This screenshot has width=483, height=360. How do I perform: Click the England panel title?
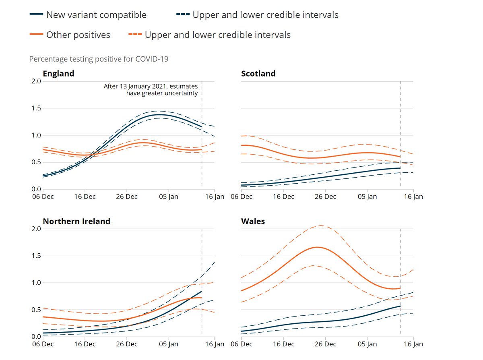pyautogui.click(x=58, y=74)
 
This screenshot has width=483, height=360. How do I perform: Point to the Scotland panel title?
pyautogui.click(x=258, y=74)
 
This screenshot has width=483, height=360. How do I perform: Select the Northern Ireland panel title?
pyautogui.click(x=76, y=221)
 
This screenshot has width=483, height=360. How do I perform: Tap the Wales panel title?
pyautogui.click(x=253, y=221)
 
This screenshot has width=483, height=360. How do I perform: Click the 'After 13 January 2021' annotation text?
pyautogui.click(x=151, y=90)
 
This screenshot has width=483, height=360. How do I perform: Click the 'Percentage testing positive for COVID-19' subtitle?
pyautogui.click(x=99, y=59)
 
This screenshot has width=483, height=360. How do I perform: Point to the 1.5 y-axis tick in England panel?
pyautogui.click(x=37, y=108)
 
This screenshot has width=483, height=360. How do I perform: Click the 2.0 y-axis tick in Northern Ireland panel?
pyautogui.click(x=37, y=229)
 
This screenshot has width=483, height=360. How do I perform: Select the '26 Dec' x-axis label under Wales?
pyautogui.click(x=325, y=344)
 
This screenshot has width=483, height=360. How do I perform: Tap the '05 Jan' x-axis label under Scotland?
pyautogui.click(x=367, y=197)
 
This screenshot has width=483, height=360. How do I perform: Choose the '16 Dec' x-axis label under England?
pyautogui.click(x=85, y=197)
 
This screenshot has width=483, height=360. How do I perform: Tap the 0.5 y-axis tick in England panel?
pyautogui.click(x=37, y=162)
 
